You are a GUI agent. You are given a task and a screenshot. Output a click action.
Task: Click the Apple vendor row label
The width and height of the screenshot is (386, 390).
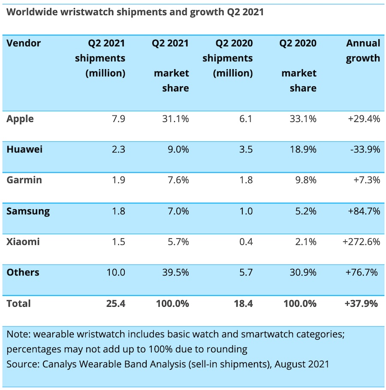(20, 119)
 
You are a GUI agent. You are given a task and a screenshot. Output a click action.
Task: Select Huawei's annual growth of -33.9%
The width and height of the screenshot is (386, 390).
(365, 150)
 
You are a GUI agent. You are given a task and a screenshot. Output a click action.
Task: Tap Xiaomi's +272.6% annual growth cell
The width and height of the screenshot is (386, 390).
(362, 242)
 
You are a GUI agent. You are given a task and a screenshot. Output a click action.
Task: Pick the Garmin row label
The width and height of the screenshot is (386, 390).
(24, 180)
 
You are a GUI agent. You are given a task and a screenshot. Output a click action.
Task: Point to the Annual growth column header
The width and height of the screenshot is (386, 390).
(363, 51)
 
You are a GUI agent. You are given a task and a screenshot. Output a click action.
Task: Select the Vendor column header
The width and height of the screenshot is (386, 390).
(24, 43)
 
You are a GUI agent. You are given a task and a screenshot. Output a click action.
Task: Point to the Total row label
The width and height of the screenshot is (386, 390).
(18, 304)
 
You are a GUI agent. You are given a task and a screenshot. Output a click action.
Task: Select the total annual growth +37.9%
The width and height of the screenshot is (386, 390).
(361, 304)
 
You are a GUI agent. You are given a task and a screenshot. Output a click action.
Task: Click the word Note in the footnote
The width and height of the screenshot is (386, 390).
(17, 334)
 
